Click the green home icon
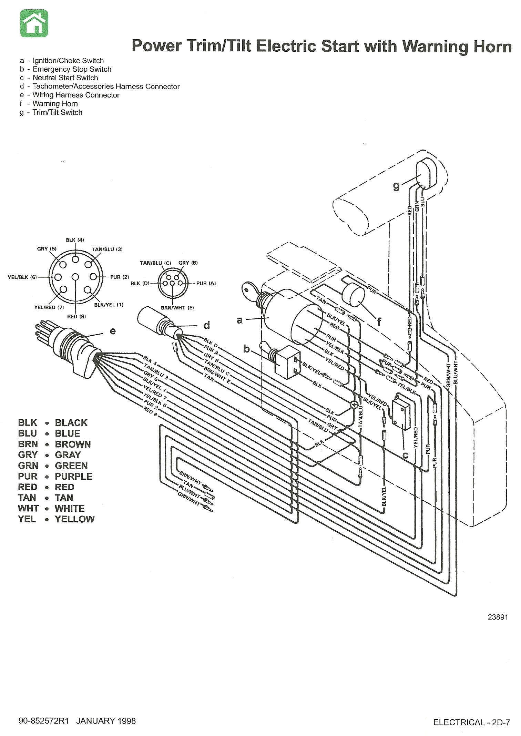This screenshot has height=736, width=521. (34, 23)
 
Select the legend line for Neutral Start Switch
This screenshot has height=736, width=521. (65, 78)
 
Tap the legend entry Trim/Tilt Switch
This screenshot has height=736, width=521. (57, 112)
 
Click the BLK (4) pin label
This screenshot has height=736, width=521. (75, 240)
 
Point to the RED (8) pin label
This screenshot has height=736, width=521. (76, 316)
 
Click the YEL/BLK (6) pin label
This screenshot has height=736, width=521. (22, 277)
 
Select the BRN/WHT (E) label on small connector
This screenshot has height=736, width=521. (177, 308)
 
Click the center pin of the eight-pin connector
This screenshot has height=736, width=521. (75, 277)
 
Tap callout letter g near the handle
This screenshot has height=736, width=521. (397, 186)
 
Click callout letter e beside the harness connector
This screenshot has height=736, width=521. (113, 331)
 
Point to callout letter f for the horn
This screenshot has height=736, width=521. (379, 322)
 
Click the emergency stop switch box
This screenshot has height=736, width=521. (287, 362)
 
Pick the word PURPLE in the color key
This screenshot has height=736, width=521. (74, 476)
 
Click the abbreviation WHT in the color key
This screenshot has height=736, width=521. (28, 508)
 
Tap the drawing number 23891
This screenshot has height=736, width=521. (498, 617)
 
